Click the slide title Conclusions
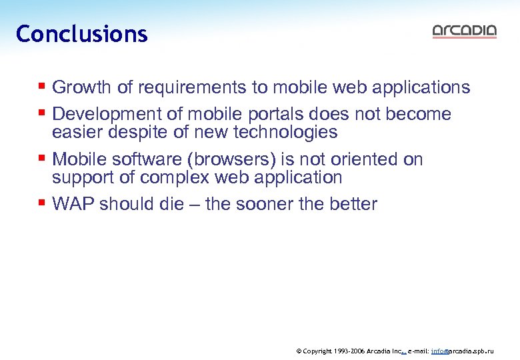[x=81, y=34]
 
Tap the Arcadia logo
[x=464, y=31]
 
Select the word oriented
[x=363, y=159]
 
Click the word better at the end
[x=353, y=204]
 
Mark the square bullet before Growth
[x=42, y=87]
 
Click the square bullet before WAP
[x=42, y=203]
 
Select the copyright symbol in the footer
[x=299, y=350]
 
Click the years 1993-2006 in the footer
[x=347, y=350]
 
